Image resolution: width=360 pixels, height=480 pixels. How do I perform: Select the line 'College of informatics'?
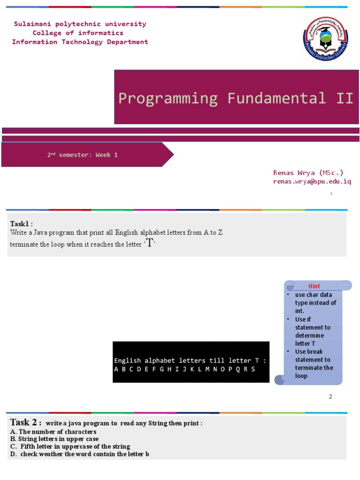pos(78,33)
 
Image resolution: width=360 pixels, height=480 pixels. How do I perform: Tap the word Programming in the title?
pos(168,98)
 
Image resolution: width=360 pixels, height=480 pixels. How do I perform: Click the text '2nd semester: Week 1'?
pos(82,155)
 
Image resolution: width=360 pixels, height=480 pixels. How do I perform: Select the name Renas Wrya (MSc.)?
pos(308,172)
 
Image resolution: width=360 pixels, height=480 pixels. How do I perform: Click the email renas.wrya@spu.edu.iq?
pos(312,181)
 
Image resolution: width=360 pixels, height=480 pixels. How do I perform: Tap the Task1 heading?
pos(22,223)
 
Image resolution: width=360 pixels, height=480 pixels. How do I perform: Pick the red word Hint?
pos(314,286)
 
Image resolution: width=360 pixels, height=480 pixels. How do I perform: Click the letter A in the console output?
pos(116,369)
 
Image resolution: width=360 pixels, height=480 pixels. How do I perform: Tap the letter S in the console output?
pos(253,369)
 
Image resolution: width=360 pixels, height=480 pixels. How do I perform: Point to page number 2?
pos(330,397)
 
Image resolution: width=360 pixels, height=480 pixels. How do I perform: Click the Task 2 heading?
pos(26,422)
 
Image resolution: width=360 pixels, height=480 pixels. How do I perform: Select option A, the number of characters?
pos(53,431)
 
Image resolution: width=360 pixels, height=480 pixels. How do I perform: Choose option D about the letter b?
pos(79,454)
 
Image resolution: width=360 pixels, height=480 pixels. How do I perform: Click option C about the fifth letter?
pos(70,446)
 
